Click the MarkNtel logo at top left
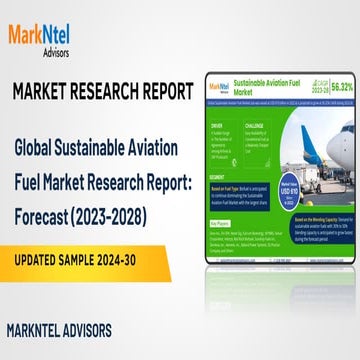point(48,37)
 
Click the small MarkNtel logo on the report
point(221,83)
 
